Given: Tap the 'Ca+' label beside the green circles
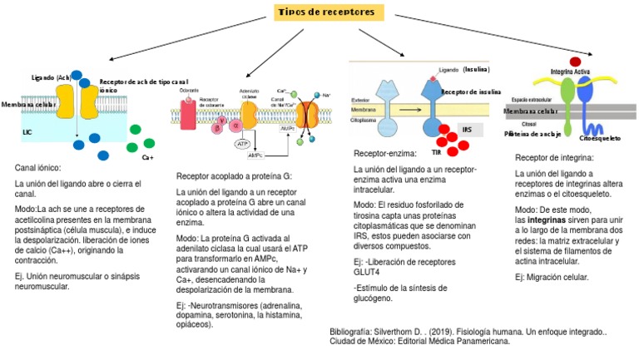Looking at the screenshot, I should pyautogui.click(x=147, y=157).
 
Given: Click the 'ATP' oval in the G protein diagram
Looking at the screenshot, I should pyautogui.click(x=243, y=144).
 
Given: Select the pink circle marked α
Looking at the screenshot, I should pyautogui.click(x=235, y=125).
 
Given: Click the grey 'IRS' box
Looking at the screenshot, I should pyautogui.click(x=466, y=131).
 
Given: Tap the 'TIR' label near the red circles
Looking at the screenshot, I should pyautogui.click(x=436, y=152).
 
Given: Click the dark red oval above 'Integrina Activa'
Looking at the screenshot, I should pyautogui.click(x=575, y=62).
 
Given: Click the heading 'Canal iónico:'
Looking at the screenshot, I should pyautogui.click(x=38, y=168).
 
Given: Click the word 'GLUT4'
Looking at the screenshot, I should pyautogui.click(x=371, y=271).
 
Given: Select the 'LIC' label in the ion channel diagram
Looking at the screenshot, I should pyautogui.click(x=28, y=131).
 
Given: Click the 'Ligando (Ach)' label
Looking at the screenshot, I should pyautogui.click(x=52, y=77).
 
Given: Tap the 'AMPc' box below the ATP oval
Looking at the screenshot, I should pyautogui.click(x=255, y=155).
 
